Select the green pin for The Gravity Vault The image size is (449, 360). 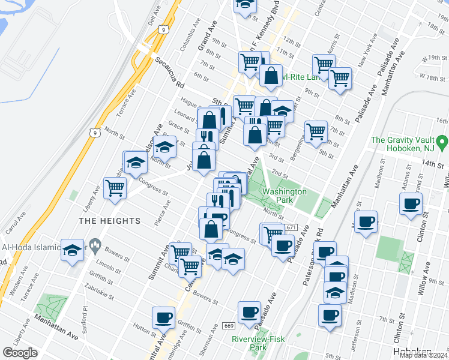point(442,143)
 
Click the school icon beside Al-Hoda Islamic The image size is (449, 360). point(72,250)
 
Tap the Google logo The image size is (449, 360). point(20,353)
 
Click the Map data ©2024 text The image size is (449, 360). point(424,355)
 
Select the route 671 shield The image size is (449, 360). point(292,227)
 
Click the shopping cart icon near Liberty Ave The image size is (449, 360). point(115,188)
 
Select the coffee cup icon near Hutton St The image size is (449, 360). point(163,317)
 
